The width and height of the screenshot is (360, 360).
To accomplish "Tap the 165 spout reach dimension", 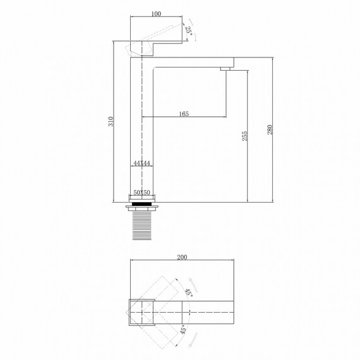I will coord(184,114).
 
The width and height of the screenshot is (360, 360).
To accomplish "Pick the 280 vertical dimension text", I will coord(270,129).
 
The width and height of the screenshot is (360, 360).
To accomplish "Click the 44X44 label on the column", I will coord(141,163).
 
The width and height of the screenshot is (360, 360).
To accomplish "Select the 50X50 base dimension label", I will coord(141,193).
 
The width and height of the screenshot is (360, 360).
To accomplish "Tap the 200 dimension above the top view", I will coord(183,257).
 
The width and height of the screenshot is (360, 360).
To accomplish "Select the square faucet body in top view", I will coord(141,312).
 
